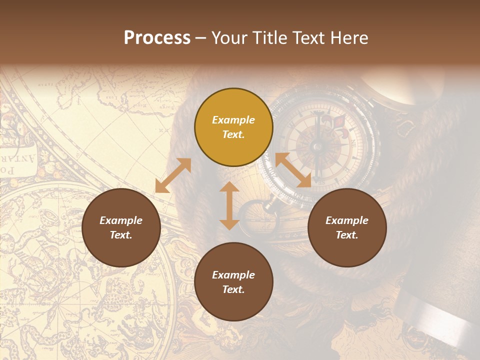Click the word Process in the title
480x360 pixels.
(x=157, y=38)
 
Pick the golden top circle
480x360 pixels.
(x=233, y=127)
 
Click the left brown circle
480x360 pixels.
(x=121, y=228)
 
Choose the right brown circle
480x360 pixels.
(x=347, y=228)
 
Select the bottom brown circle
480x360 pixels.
(x=233, y=282)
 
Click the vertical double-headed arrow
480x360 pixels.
(x=229, y=205)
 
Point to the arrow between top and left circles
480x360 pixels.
(x=173, y=175)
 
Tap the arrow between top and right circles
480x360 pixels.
(x=293, y=170)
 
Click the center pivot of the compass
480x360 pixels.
(x=316, y=146)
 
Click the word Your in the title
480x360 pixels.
(x=228, y=38)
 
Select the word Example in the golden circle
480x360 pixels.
(x=233, y=120)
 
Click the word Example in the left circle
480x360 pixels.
(x=121, y=220)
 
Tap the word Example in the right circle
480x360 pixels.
(x=347, y=220)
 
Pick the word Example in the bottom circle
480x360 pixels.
(x=233, y=275)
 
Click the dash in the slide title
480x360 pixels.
(x=200, y=38)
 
